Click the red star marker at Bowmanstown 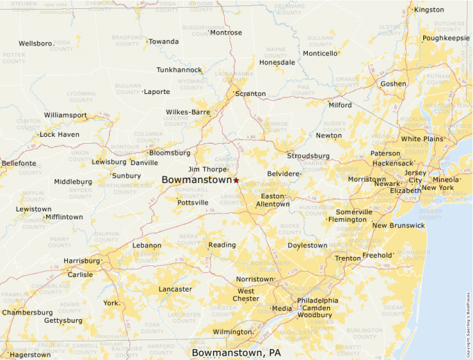pyautogui.click(x=236, y=180)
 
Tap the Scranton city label pyautogui.click(x=250, y=94)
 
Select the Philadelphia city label pyautogui.click(x=317, y=301)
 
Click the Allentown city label pyautogui.click(x=272, y=205)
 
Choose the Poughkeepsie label pyautogui.click(x=445, y=38)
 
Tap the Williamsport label pyautogui.click(x=65, y=115)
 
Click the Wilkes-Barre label pyautogui.click(x=187, y=112)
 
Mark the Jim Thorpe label pyautogui.click(x=207, y=169)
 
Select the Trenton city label pyautogui.click(x=348, y=258)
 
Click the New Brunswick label pyautogui.click(x=398, y=226)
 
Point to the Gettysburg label pyautogui.click(x=63, y=321)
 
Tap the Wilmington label pyautogui.click(x=232, y=332)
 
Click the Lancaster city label pyautogui.click(x=175, y=290)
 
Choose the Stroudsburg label pyautogui.click(x=308, y=156)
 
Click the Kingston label pyautogui.click(x=429, y=10)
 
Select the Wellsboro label pyautogui.click(x=36, y=43)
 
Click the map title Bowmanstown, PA pyautogui.click(x=236, y=353)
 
